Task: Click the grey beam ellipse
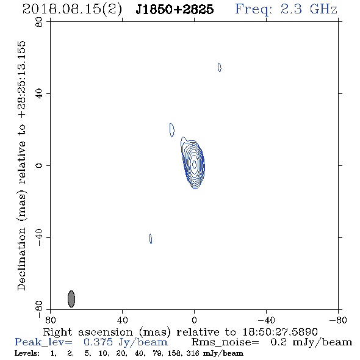pos(71,299)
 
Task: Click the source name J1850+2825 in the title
pos(175,9)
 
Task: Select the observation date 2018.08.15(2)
pos(72,10)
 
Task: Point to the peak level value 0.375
pos(98,342)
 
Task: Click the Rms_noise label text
pos(225,342)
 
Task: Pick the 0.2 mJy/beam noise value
pos(311,342)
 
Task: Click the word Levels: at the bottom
pos(27,353)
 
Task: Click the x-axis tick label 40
pos(122,320)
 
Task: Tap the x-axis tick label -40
pos(266,320)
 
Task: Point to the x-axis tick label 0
pos(194,320)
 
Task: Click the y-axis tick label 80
pos(39,22)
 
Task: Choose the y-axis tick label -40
pos(39,237)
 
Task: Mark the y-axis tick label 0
pos(39,165)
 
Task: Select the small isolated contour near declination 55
pos(220,67)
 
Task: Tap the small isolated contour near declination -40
pos(151,239)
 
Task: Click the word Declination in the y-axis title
pos(21,259)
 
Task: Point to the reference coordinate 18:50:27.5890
pos(280,332)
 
